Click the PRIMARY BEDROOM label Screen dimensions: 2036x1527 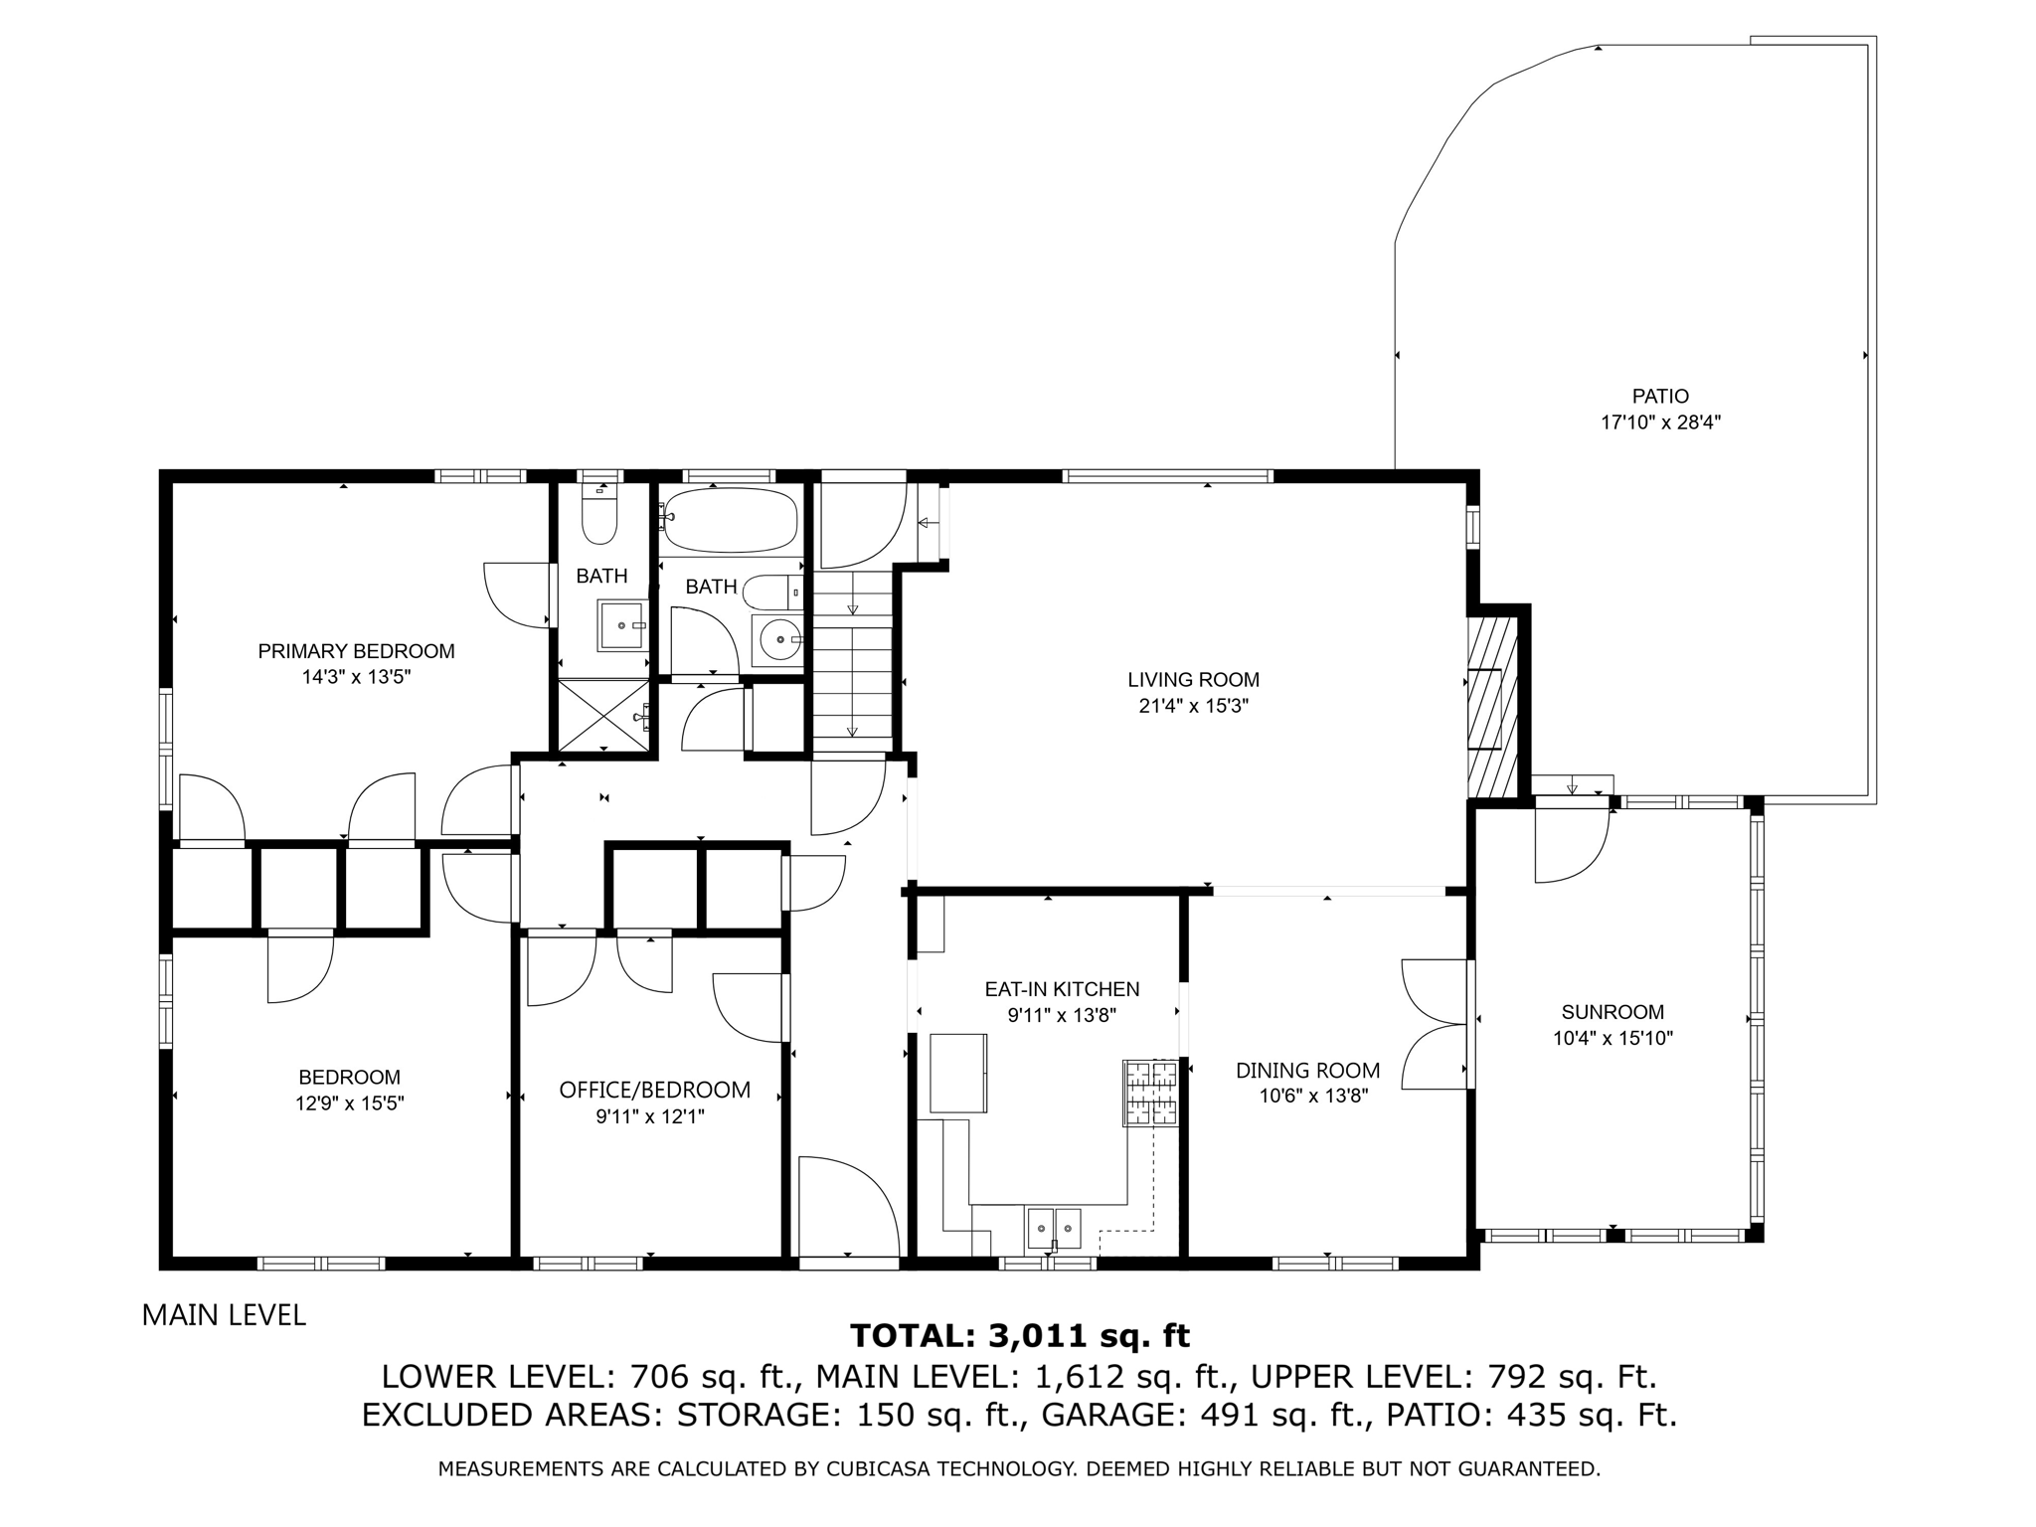pos(356,651)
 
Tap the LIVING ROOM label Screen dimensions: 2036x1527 pos(1193,680)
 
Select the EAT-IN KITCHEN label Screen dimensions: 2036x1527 pos(1062,989)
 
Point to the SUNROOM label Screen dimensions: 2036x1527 pos(1612,1012)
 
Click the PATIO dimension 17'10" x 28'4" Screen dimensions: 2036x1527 pos(1660,422)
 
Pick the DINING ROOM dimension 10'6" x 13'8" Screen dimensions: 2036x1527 pos(1307,1096)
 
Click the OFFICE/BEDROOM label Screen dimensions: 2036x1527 pos(654,1090)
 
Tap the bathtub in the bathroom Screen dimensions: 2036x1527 pos(731,519)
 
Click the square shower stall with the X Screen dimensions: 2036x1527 pos(602,716)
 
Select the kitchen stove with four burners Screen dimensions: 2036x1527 pos(1150,1094)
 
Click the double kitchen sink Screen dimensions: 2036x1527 pos(1054,1228)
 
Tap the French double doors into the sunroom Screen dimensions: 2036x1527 pos(1435,1024)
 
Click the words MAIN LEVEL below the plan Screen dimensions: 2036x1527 pos(224,1315)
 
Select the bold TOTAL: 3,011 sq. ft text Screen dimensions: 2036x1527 pos(1020,1335)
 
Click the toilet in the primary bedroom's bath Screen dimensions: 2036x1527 pos(599,515)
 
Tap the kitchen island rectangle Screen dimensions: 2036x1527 pos(958,1074)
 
